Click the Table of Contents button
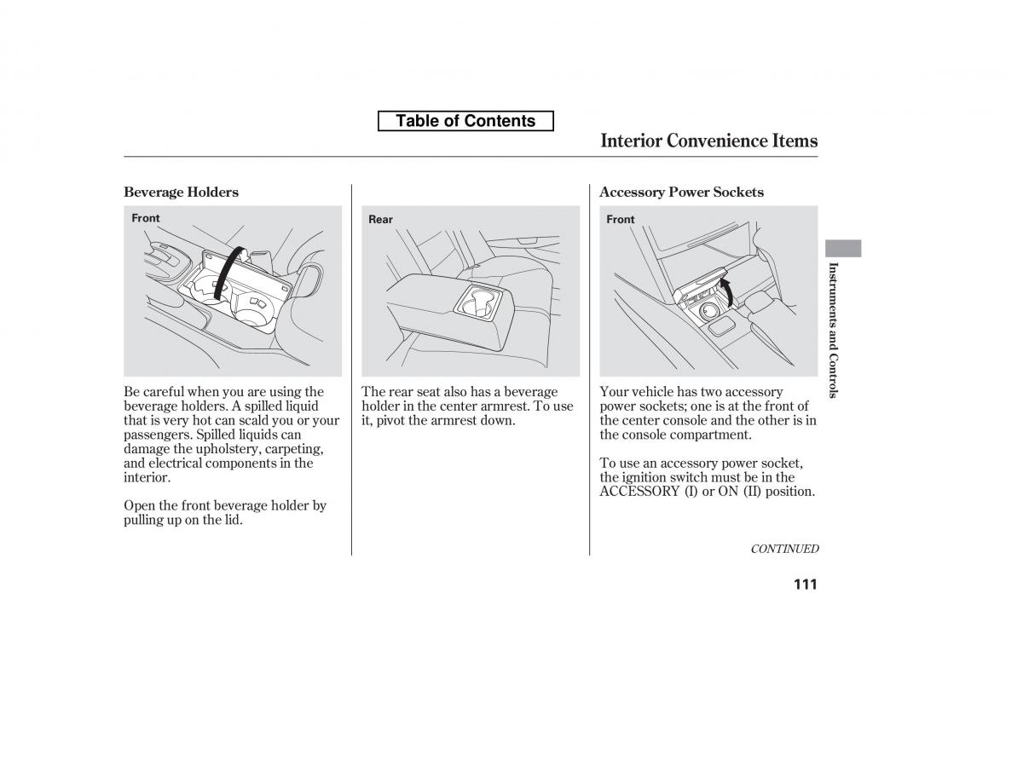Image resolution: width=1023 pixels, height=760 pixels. tap(465, 121)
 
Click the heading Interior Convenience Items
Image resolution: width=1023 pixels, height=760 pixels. tap(708, 141)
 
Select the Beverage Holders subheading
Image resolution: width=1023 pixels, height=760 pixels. tap(181, 192)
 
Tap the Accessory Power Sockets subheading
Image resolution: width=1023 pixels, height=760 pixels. tap(681, 192)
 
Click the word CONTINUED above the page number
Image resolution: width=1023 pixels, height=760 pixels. tap(784, 550)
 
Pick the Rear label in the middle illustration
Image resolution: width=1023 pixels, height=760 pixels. tap(380, 220)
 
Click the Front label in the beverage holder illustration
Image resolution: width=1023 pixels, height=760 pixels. tap(146, 218)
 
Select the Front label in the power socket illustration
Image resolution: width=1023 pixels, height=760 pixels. tap(621, 220)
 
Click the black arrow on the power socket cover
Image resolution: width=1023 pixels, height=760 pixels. tap(726, 292)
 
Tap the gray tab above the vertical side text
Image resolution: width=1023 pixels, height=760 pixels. tap(843, 248)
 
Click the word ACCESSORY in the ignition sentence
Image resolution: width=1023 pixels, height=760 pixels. tap(639, 492)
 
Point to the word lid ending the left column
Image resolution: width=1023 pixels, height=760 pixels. tap(233, 520)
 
